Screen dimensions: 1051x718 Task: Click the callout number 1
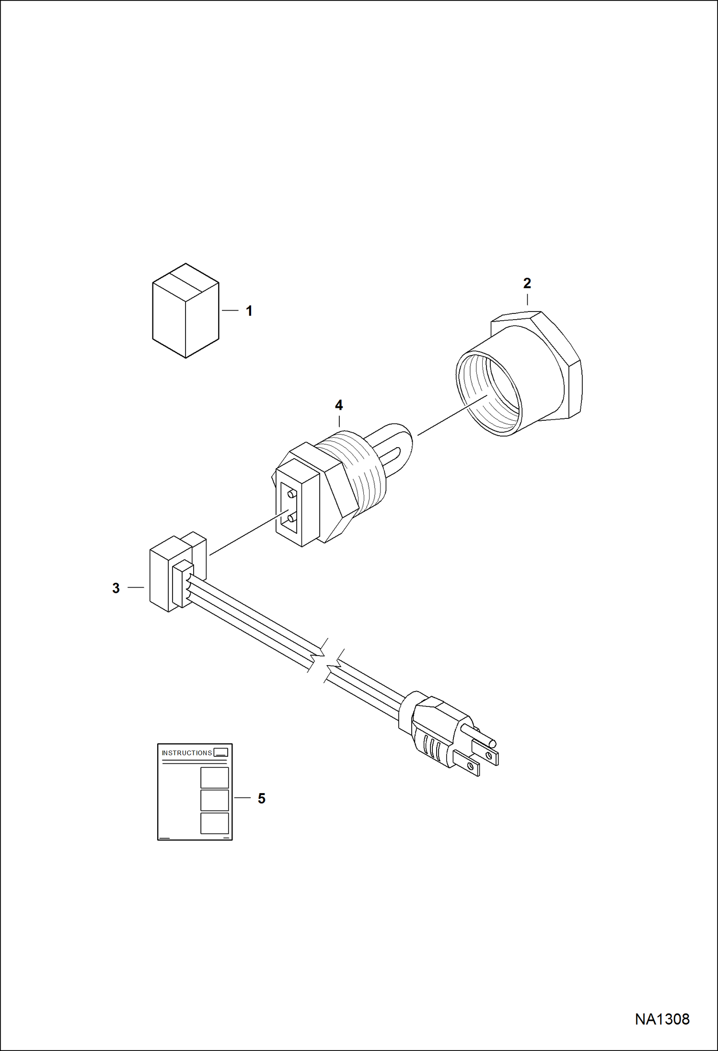click(x=249, y=311)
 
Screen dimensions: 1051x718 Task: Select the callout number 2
click(x=527, y=283)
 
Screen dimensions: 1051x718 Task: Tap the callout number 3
click(x=116, y=588)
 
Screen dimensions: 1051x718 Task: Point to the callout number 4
click(x=339, y=405)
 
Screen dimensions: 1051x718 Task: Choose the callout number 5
click(x=261, y=798)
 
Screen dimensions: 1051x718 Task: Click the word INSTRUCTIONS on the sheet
click(x=187, y=753)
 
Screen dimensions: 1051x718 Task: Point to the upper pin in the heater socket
click(x=290, y=493)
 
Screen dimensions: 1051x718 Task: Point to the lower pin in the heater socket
click(x=290, y=517)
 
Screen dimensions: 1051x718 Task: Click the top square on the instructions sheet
click(x=214, y=777)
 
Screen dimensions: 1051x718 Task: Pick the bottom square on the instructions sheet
click(x=214, y=823)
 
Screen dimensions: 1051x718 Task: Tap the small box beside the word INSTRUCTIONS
click(x=221, y=752)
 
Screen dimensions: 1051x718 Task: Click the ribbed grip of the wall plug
click(x=431, y=746)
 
